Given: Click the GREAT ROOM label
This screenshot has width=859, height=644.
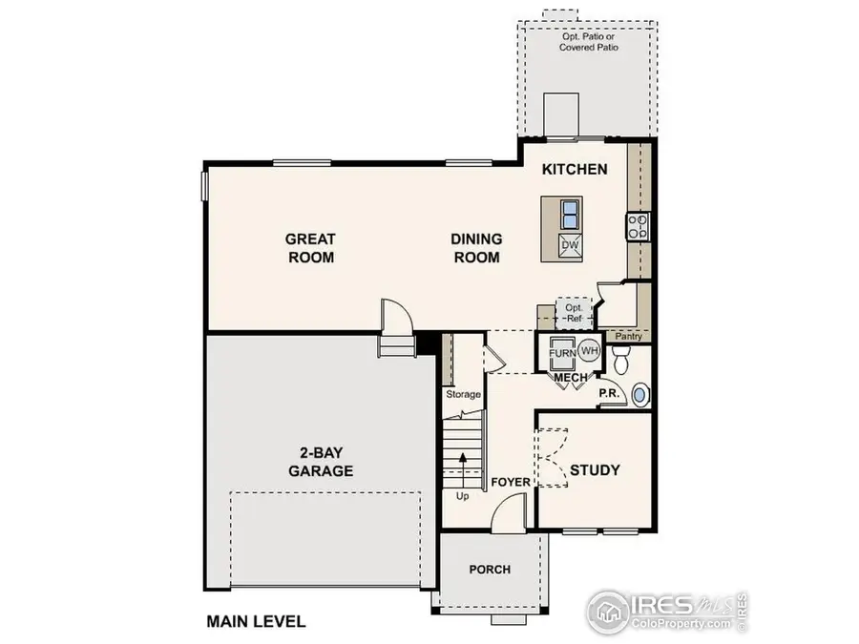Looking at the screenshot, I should tap(310, 248).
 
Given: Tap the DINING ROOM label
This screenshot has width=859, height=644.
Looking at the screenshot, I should tap(476, 248).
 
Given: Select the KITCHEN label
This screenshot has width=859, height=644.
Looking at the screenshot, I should tap(575, 170).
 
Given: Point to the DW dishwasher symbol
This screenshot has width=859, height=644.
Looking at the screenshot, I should tap(570, 245).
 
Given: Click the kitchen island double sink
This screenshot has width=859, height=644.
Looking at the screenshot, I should tap(570, 211).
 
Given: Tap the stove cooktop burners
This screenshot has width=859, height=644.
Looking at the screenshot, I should tap(638, 226).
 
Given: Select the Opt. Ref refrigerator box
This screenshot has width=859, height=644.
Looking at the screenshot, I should tap(574, 313).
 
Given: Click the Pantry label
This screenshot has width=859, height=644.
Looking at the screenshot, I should tap(629, 337).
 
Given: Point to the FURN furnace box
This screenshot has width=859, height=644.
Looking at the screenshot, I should tap(562, 354).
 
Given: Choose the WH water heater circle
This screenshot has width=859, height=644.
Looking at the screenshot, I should tap(589, 349).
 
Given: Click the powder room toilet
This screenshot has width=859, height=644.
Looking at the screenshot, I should tap(621, 361).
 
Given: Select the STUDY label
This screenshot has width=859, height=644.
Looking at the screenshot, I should tap(595, 469).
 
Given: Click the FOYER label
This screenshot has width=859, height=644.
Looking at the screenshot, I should tap(511, 483).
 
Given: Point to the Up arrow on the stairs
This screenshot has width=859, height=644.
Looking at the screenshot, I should tap(463, 467).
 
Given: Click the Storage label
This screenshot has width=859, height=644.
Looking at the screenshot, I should tap(463, 394).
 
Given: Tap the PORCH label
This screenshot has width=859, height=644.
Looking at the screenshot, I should tap(489, 570).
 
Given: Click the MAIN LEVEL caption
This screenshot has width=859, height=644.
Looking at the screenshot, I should tap(256, 622).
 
